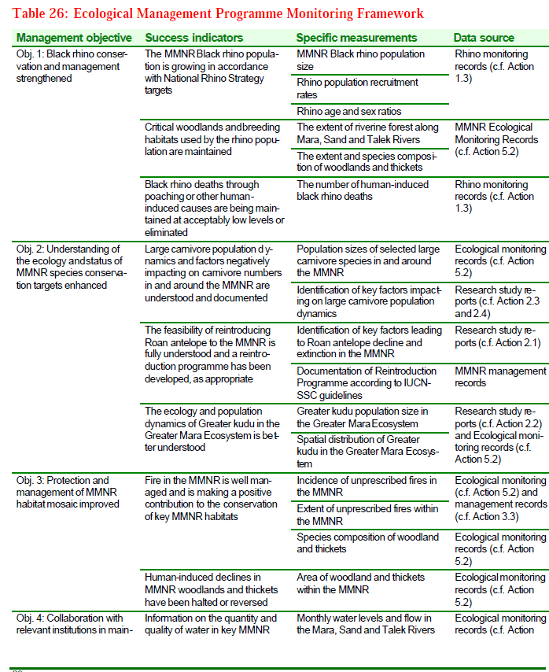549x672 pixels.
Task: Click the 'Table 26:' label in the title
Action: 39,13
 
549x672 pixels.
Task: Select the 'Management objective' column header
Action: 74,38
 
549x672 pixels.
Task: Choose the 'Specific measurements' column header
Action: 356,38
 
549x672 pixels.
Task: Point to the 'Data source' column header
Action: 484,38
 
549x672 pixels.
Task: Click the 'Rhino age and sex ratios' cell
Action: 348,112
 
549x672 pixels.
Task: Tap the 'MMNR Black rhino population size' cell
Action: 360,61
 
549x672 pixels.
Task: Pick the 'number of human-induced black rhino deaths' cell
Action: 363,190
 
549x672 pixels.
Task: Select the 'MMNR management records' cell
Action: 499,377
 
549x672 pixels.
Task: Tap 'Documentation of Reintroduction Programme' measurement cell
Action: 367,383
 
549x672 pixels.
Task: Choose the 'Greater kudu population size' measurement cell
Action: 363,418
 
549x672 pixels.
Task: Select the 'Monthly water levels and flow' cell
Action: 366,624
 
